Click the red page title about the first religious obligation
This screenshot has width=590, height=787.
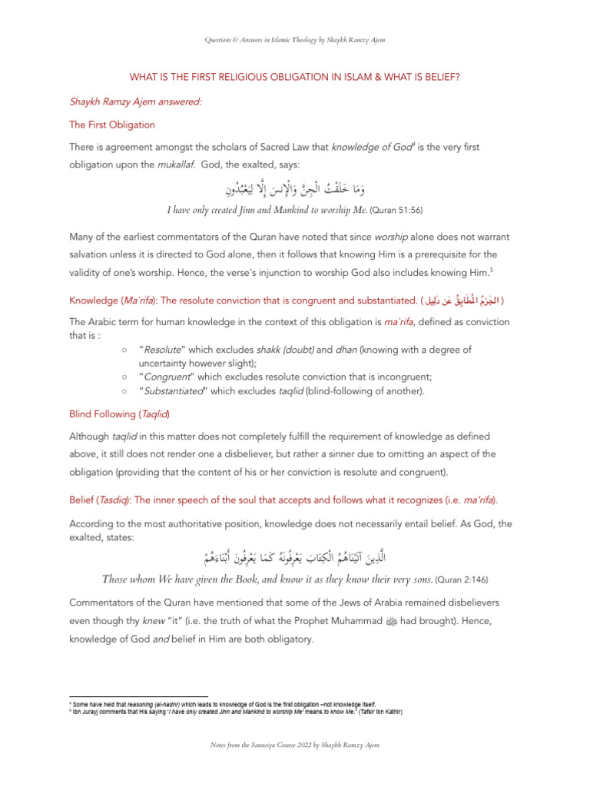click(295, 76)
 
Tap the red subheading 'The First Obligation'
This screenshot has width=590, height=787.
click(112, 125)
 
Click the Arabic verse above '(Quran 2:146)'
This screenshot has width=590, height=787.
click(295, 556)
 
